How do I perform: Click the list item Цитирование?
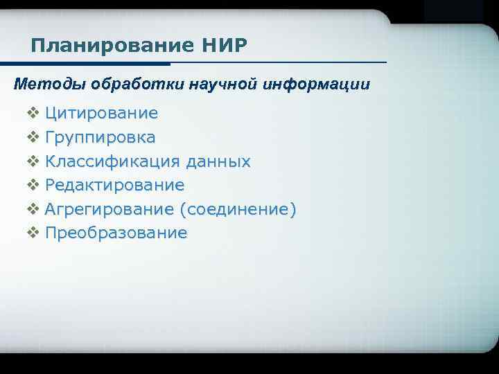[101, 113]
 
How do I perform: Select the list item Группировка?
[100, 137]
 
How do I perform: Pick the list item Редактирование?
[114, 185]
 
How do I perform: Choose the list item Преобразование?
[116, 233]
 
